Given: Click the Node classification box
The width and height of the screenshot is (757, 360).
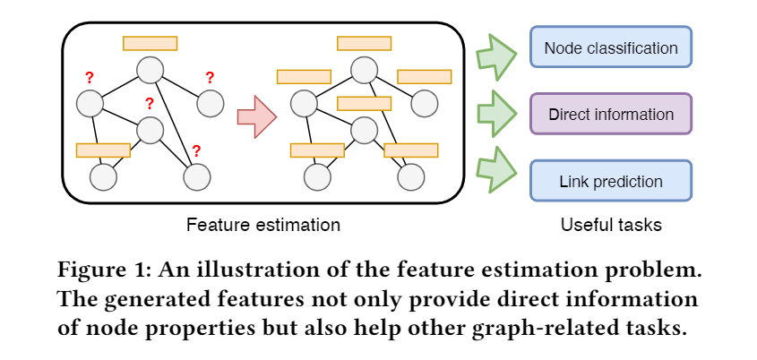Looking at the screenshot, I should (611, 47).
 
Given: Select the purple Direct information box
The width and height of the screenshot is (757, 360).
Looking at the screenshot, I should (611, 114).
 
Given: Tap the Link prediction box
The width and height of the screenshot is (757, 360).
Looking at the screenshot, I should (611, 181).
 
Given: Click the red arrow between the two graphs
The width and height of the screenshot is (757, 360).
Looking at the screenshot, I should (257, 116).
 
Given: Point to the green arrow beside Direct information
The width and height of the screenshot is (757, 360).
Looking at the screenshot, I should (495, 114).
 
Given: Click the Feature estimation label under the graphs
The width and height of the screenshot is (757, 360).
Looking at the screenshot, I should (262, 225).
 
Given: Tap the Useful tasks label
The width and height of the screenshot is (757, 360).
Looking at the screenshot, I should (611, 225).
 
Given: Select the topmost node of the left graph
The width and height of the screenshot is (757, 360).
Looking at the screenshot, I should (150, 69).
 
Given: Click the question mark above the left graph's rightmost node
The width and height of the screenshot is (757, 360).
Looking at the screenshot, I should (210, 77).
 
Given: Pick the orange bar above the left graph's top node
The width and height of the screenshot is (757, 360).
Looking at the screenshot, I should (150, 43).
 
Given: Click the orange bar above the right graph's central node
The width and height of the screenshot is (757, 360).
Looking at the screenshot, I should (363, 103).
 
